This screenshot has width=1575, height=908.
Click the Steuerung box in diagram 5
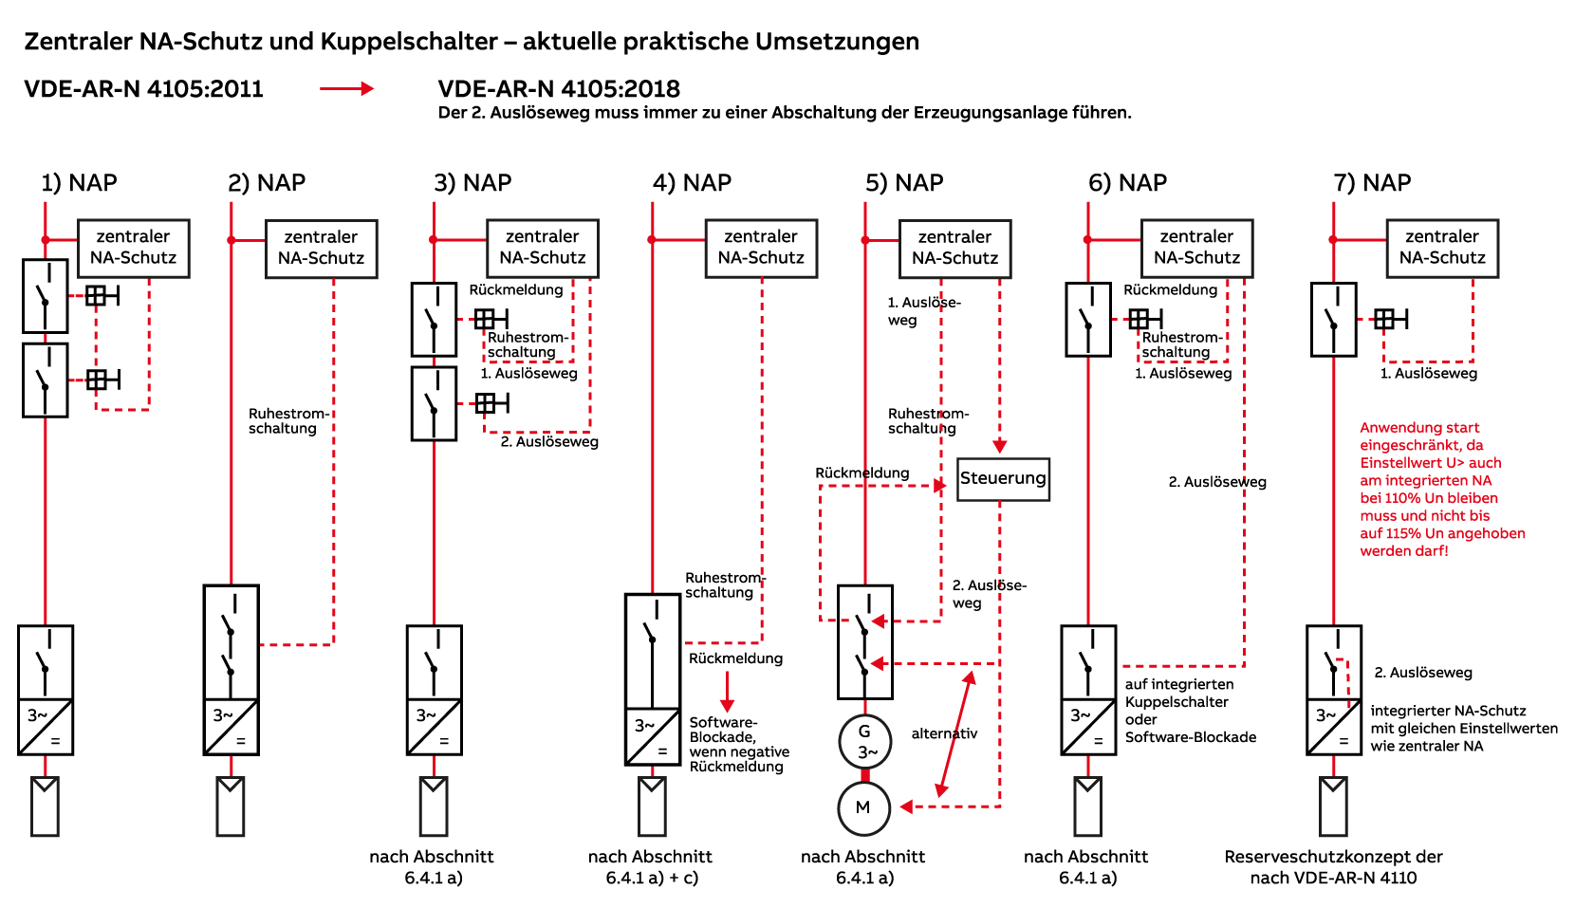[x=1004, y=479]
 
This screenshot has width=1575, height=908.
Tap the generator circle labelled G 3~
[x=865, y=741]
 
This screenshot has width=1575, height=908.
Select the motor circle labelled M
[x=864, y=808]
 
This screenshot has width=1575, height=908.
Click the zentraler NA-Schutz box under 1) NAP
[x=134, y=249]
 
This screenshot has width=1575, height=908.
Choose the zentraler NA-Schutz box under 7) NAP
[x=1442, y=249]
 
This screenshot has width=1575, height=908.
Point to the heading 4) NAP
[x=692, y=183]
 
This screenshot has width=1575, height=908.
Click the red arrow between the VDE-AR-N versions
[x=346, y=88]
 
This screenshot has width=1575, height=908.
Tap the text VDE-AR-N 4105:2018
[x=559, y=89]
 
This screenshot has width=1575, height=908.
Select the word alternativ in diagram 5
[x=944, y=733]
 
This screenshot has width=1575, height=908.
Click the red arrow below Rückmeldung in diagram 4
[x=727, y=692]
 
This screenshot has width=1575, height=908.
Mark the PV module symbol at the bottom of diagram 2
[x=231, y=806]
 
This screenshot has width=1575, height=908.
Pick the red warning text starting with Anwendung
[x=1442, y=489]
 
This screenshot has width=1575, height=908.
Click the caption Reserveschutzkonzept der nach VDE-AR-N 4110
[x=1333, y=867]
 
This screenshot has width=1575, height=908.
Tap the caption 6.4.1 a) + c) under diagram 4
[x=652, y=878]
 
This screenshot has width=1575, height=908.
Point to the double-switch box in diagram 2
[x=232, y=642]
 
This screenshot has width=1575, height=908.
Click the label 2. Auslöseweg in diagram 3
[x=549, y=442]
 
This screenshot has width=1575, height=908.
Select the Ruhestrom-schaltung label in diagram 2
[x=289, y=420]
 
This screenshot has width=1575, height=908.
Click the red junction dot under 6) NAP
[x=1087, y=240]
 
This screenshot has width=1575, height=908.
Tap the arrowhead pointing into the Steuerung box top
[x=1000, y=446]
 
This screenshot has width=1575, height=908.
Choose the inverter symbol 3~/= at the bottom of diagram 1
[x=46, y=727]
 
